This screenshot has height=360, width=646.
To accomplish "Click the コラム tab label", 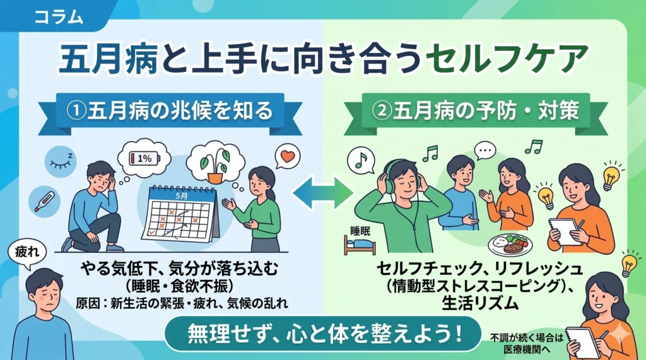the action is (59, 17).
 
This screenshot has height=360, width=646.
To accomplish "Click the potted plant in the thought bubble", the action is (214, 165).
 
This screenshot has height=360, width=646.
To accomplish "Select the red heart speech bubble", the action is (287, 156).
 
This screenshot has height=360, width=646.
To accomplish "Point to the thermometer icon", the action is (45, 202).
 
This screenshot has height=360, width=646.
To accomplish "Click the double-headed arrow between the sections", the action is (323, 192).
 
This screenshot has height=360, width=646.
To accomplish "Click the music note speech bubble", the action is (361, 161).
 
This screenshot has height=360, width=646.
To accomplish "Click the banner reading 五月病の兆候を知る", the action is (170, 111).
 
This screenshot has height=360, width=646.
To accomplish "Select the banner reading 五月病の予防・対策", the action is (476, 111).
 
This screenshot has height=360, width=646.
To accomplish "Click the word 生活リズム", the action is (479, 303).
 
